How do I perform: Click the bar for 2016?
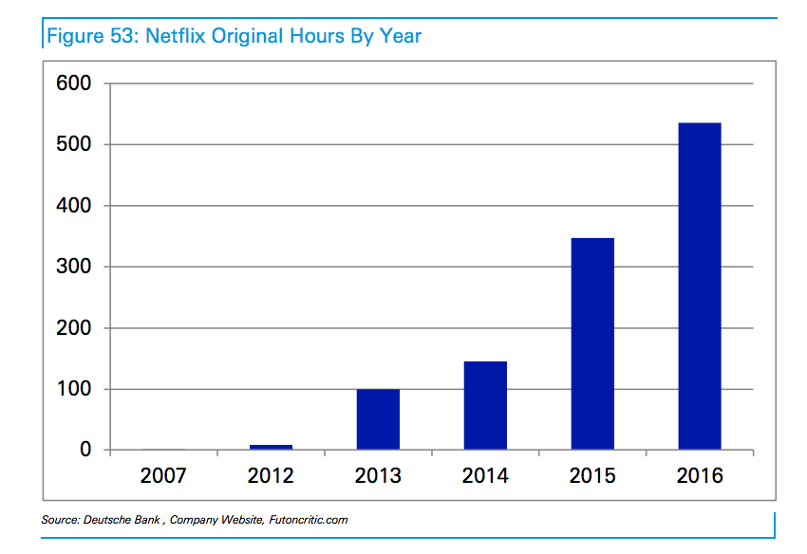pyautogui.click(x=700, y=286)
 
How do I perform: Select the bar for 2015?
pyautogui.click(x=592, y=343)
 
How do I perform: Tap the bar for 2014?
pyautogui.click(x=485, y=405)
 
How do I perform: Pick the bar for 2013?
pyautogui.click(x=378, y=419)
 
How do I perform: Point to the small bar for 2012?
pyautogui.click(x=271, y=447)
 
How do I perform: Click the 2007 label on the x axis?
pyautogui.click(x=163, y=475)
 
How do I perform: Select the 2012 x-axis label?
pyautogui.click(x=271, y=475)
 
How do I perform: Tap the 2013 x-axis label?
pyautogui.click(x=378, y=475)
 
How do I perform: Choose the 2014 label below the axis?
pyautogui.click(x=485, y=475)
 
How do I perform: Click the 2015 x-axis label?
pyautogui.click(x=592, y=475)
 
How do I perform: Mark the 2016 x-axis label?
pyautogui.click(x=700, y=475)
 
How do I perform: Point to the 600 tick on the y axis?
pyautogui.click(x=73, y=83)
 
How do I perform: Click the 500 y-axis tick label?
pyautogui.click(x=73, y=145)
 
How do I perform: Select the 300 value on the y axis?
pyautogui.click(x=73, y=268)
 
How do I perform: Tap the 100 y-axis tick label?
pyautogui.click(x=73, y=389)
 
